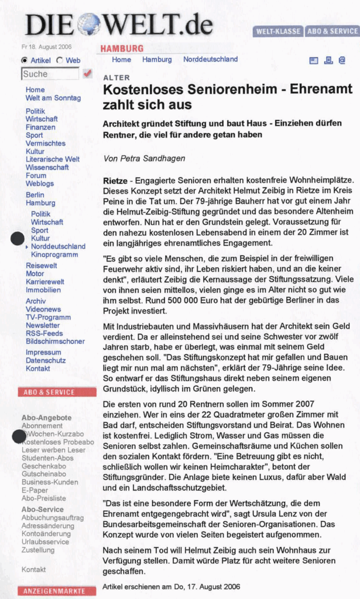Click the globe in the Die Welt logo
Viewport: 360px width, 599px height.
(90, 24)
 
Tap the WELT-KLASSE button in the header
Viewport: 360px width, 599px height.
(277, 31)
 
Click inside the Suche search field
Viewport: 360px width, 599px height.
(50, 74)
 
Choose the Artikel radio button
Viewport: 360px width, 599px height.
(24, 60)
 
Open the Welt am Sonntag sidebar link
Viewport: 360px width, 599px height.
(53, 98)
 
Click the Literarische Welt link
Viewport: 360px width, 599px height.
(53, 159)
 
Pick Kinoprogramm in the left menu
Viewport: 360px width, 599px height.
(54, 254)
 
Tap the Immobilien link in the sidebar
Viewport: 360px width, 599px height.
(43, 290)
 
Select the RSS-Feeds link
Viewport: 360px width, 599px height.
(44, 333)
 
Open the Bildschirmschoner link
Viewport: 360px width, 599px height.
(55, 342)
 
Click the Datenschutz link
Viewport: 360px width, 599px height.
(46, 360)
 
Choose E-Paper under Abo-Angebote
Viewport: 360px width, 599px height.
(35, 490)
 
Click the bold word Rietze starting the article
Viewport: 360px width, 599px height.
(115, 181)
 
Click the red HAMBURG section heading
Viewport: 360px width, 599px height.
(122, 49)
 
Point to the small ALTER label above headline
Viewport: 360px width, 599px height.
(116, 78)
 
